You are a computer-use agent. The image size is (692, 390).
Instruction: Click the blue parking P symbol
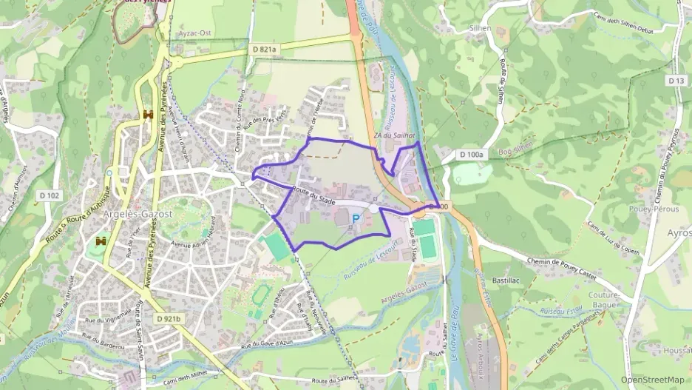coord(356,219)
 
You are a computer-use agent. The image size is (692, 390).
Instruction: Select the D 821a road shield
coord(263,49)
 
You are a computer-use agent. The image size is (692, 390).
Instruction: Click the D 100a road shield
coord(471,155)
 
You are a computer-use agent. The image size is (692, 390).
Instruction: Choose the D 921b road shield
coord(169,317)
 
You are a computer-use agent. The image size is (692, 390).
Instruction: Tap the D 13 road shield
coord(675,80)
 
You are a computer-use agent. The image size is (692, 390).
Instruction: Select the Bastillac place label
coord(507,282)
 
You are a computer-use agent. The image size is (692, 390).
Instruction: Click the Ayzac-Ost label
coord(195,34)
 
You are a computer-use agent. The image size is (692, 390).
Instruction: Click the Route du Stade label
coord(314,196)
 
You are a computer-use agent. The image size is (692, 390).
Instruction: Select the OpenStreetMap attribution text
coord(652,380)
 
